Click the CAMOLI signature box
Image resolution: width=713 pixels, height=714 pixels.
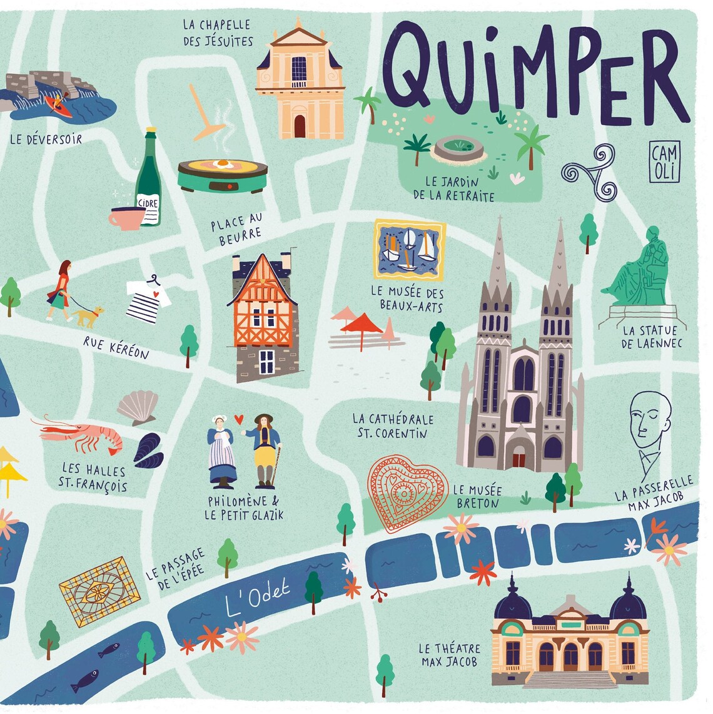click(664, 162)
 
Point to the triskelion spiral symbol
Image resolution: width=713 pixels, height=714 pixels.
click(589, 171)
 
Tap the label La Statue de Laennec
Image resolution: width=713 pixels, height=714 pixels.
click(650, 336)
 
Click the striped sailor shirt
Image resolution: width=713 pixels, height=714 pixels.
click(148, 301)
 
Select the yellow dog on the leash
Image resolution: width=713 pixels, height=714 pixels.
click(88, 315)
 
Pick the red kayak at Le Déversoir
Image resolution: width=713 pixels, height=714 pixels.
click(58, 106)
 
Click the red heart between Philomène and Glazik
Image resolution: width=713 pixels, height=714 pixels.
click(238, 419)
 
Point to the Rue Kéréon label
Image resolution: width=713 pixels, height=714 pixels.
click(116, 348)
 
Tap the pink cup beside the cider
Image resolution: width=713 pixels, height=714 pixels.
click(126, 218)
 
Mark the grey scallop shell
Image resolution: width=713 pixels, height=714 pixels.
click(138, 407)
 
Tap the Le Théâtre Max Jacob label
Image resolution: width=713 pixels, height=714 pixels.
click(450, 655)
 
